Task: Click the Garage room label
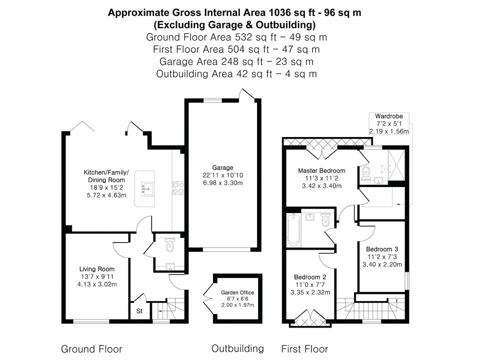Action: pyautogui.click(x=222, y=168)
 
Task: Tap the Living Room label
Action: pyautogui.click(x=96, y=269)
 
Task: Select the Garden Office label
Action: pyautogui.click(x=237, y=292)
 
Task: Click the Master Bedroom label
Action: pyautogui.click(x=321, y=171)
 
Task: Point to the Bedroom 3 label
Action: pyautogui.click(x=382, y=249)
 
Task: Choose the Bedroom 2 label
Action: pyautogui.click(x=310, y=277)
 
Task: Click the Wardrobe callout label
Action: pyautogui.click(x=389, y=116)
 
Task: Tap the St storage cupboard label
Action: pyautogui.click(x=139, y=311)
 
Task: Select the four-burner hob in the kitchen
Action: pyautogui.click(x=178, y=188)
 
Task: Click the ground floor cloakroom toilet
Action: pyautogui.click(x=169, y=244)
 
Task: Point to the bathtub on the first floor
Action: pyautogui.click(x=294, y=229)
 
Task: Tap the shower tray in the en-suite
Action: pyautogui.click(x=396, y=165)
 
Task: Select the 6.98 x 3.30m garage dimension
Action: pyautogui.click(x=222, y=183)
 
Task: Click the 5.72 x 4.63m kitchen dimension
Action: pyautogui.click(x=106, y=195)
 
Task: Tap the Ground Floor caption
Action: pyautogui.click(x=91, y=349)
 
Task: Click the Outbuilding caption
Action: pyautogui.click(x=237, y=348)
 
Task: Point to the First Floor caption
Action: pyautogui.click(x=304, y=349)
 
